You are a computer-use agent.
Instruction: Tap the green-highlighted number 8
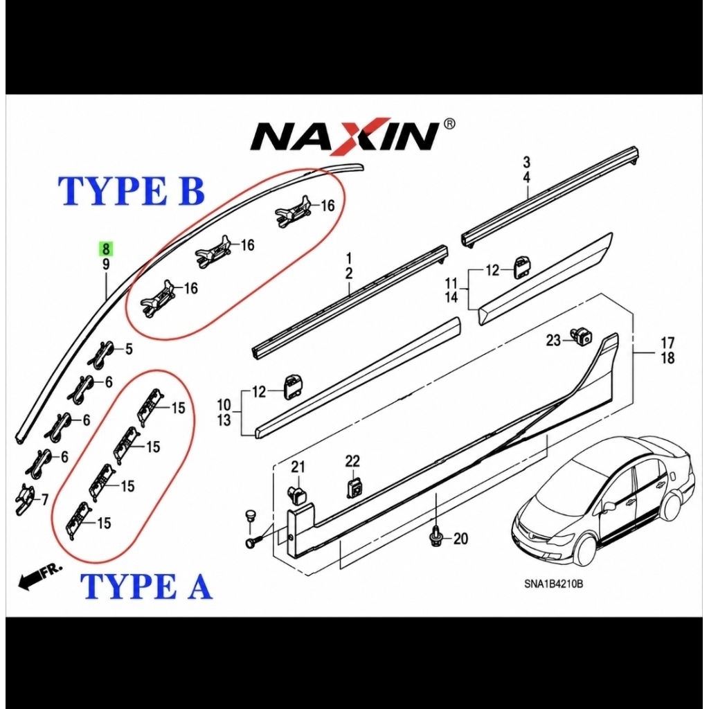point(106,249)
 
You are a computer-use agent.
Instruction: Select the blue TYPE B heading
point(132,191)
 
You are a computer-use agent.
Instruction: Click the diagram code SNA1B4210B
point(553,584)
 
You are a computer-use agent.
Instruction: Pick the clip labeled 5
point(102,351)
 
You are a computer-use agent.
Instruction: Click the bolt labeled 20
point(436,537)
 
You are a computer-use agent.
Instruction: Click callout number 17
point(667,342)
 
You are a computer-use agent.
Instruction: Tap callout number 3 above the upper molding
point(526,162)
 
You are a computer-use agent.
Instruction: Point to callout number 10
point(224,404)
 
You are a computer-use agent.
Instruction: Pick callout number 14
point(451,297)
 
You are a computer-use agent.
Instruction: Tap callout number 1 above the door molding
point(349,259)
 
